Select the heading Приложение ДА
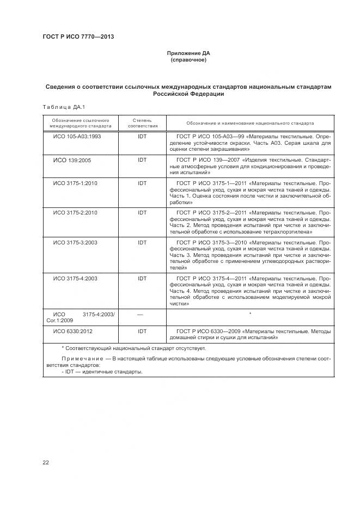[x=188, y=53]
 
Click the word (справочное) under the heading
[x=188, y=60]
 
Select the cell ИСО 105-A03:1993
[x=77, y=136]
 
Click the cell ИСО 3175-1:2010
[x=75, y=183]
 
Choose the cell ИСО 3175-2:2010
[x=75, y=213]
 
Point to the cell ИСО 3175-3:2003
[x=75, y=242]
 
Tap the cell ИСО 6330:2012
[x=72, y=331]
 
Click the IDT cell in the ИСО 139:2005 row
[x=142, y=160]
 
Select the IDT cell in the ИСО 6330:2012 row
[x=142, y=331]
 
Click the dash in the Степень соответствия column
[x=140, y=314]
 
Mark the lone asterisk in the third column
[x=250, y=314]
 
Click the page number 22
[x=46, y=463]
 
